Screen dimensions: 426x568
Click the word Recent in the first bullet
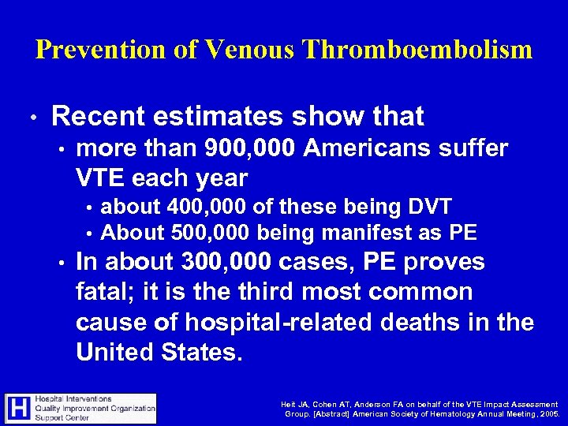pyautogui.click(x=95, y=118)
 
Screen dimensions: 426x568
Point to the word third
pyautogui.click(x=271, y=292)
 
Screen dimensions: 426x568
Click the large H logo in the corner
pyautogui.click(x=17, y=408)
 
